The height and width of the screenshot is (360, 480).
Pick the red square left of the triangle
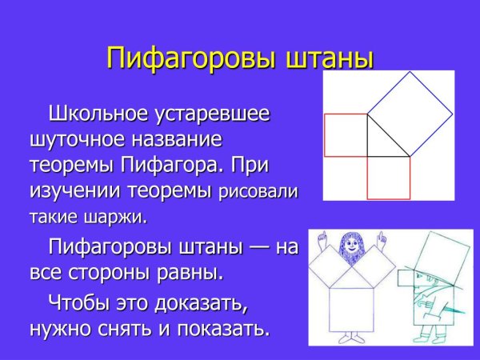(345, 135)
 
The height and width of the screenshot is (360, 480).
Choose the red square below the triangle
(387, 177)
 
